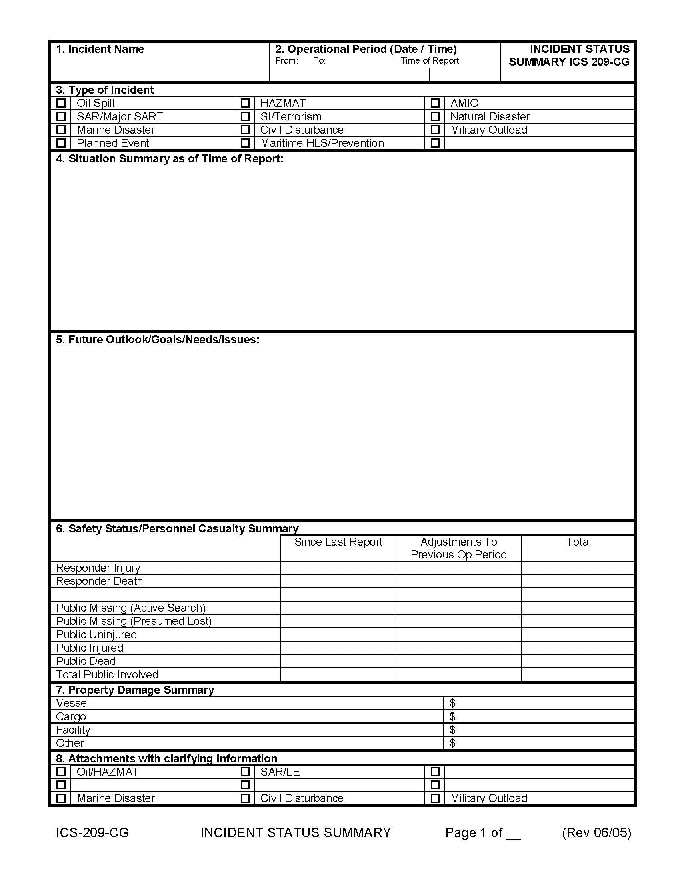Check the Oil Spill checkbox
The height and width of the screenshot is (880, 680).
click(x=61, y=103)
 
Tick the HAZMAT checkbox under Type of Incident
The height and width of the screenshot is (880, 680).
click(x=245, y=103)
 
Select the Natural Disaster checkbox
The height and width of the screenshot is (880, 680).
click(x=435, y=116)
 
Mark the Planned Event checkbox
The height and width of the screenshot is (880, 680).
click(x=61, y=143)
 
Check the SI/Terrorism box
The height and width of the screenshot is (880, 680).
click(x=245, y=116)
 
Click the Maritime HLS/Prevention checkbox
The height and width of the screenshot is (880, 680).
click(x=245, y=143)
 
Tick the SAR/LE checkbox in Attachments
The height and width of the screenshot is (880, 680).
click(x=245, y=772)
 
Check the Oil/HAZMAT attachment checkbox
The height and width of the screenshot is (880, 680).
click(x=61, y=772)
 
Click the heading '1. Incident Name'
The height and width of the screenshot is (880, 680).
click(x=100, y=49)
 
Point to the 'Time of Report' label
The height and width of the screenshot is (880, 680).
click(x=430, y=61)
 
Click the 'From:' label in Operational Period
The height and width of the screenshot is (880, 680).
click(x=286, y=61)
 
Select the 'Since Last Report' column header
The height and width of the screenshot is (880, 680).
click(x=338, y=542)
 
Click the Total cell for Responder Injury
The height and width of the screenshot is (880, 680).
click(x=578, y=568)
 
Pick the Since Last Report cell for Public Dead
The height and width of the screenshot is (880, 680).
click(x=338, y=661)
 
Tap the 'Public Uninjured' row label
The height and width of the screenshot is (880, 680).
click(x=96, y=635)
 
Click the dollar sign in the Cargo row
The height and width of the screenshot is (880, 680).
click(x=452, y=716)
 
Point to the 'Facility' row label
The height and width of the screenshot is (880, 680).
click(x=73, y=730)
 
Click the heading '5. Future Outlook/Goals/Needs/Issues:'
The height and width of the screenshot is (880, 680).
click(x=158, y=340)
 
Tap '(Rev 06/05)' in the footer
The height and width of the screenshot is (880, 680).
click(x=596, y=832)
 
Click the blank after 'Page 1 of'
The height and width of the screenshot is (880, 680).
click(x=513, y=833)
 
